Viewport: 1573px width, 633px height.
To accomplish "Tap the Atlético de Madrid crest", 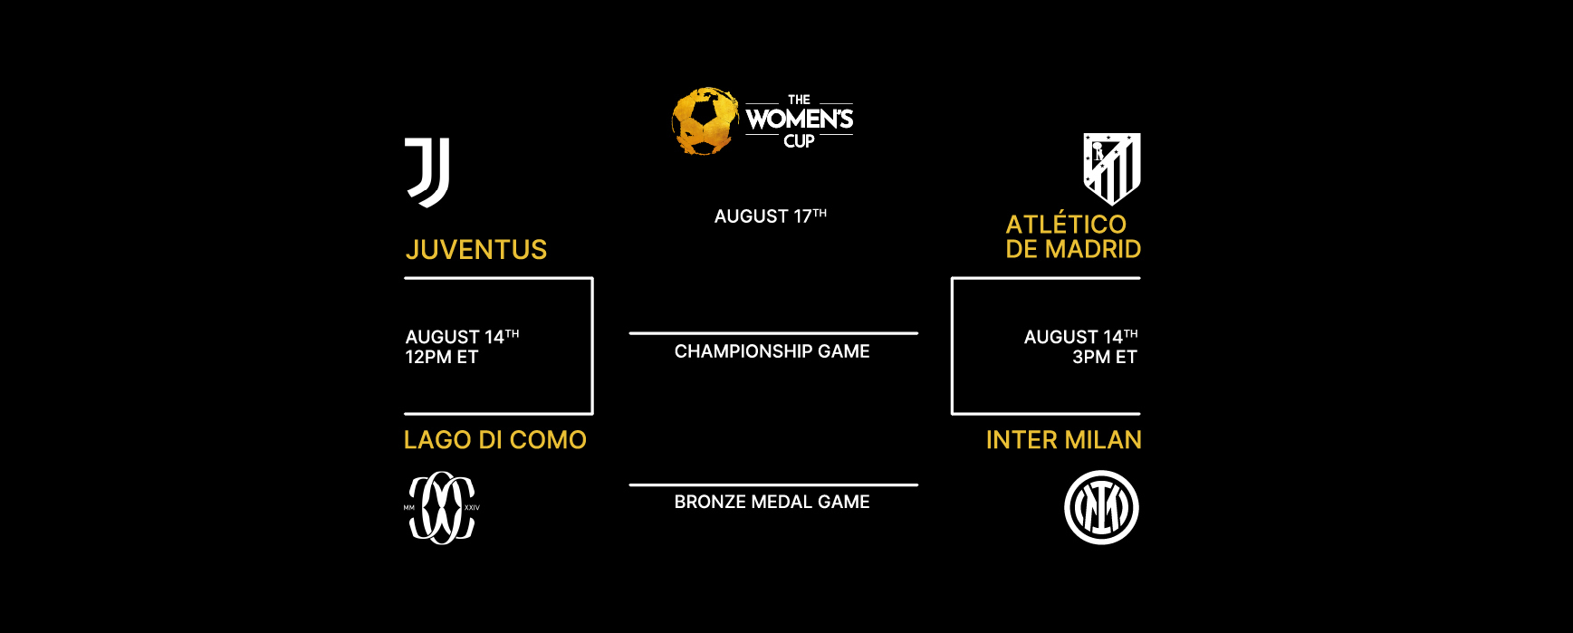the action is tap(1112, 168).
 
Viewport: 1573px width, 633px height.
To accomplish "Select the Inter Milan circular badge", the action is tap(1101, 507).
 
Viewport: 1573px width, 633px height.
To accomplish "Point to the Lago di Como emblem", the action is tap(442, 507).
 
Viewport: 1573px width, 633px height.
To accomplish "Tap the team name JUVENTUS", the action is tap(476, 250).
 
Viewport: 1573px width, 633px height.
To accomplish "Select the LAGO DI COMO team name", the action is tap(495, 440).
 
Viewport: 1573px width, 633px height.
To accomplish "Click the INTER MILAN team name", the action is tap(1063, 440).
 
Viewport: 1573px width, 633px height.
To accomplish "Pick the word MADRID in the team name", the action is tap(1094, 249).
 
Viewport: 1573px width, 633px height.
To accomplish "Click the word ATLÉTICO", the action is tap(1066, 224).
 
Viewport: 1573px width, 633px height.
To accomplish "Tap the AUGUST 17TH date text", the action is tap(771, 216).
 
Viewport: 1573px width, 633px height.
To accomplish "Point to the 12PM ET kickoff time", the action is tap(442, 358).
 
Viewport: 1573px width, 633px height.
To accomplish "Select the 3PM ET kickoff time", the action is tap(1105, 358).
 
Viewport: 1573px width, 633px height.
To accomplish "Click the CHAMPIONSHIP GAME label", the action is tap(772, 351).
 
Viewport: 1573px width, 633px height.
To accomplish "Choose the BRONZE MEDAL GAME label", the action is tap(772, 502).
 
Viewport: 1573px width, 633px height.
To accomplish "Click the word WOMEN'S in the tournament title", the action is tap(800, 119).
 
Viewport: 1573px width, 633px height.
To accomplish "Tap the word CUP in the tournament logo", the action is tap(800, 141).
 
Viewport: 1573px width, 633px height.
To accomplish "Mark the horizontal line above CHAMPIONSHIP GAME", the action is tap(773, 333).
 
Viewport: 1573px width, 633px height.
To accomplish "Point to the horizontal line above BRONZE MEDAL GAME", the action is tap(773, 484).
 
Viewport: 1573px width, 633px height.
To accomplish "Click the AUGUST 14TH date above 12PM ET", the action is tap(462, 336).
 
